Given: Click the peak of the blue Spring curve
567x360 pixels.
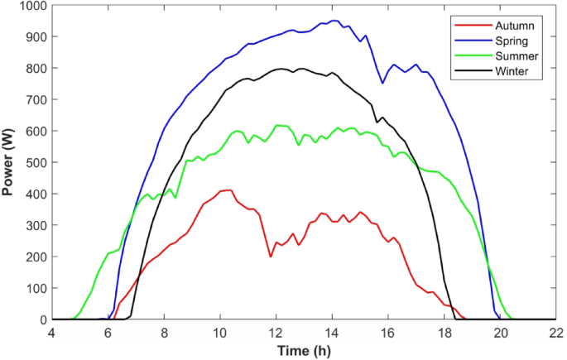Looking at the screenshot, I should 333,21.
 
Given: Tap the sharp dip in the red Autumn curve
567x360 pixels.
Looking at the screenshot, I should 271,257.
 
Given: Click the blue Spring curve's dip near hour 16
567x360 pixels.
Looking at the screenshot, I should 382,83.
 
